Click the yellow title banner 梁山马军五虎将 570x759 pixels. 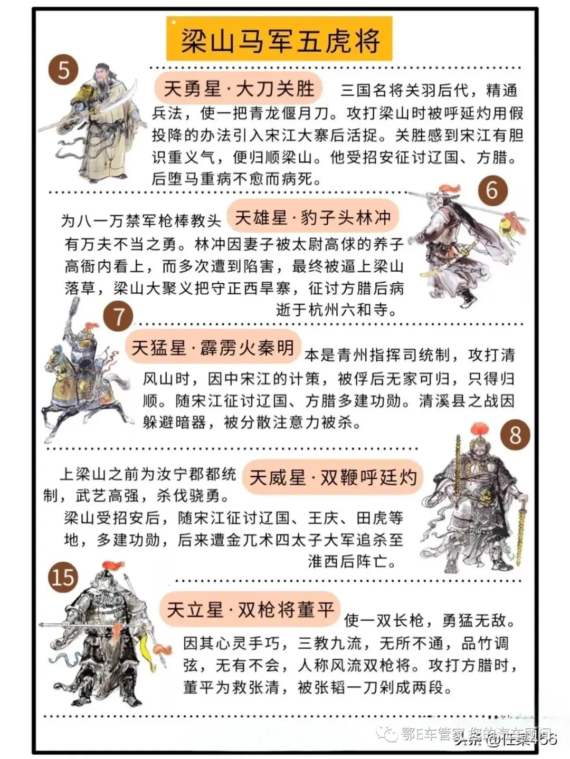click(280, 40)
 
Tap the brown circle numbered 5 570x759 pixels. click(63, 70)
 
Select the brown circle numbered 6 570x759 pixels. click(492, 190)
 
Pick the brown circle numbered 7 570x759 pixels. click(118, 316)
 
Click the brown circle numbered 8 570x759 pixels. click(515, 435)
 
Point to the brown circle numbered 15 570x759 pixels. click(63, 577)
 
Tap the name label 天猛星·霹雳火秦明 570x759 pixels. click(212, 348)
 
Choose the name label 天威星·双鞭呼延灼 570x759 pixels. click(332, 478)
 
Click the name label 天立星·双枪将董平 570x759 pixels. click(251, 610)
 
